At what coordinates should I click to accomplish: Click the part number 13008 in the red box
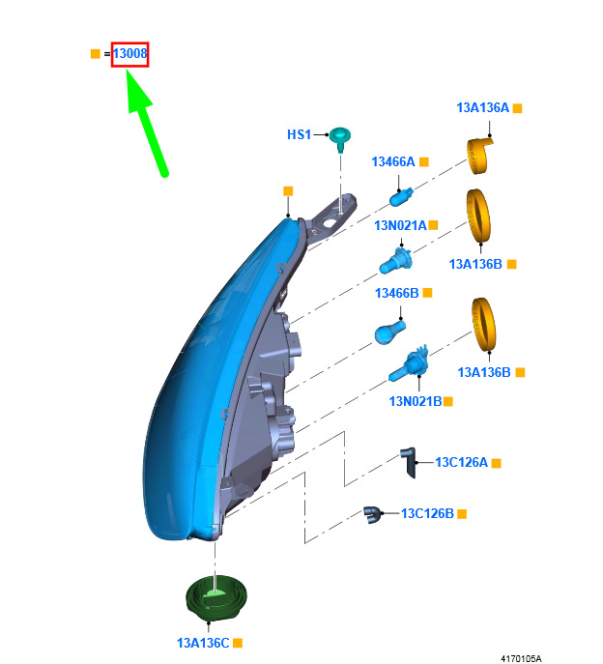pos(130,54)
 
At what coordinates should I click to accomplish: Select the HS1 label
pos(299,134)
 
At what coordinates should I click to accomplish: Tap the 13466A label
pos(393,161)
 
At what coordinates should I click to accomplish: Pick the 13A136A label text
pos(483,108)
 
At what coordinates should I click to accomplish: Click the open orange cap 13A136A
pos(479,156)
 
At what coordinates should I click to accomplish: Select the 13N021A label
pos(400,225)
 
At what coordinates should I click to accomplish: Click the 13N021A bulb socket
pos(396,260)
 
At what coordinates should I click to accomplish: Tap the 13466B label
pos(397,293)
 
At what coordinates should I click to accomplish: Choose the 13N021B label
pos(416,401)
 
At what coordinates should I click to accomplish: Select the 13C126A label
pos(462,462)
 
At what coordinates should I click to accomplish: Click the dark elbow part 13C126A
pos(409,462)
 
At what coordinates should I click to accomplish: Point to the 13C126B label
pos(427,513)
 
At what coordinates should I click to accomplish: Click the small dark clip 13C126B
pos(373,514)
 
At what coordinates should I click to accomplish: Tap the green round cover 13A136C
pos(216,598)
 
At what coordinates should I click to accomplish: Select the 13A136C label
pos(203,643)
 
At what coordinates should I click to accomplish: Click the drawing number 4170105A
pos(521,658)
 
